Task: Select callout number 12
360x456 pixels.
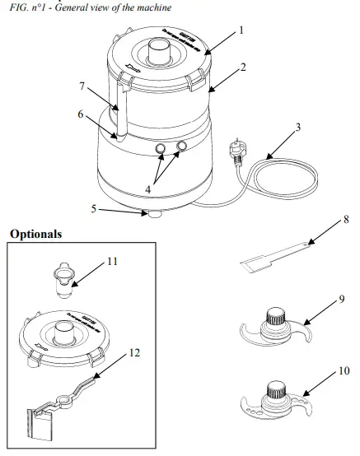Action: coord(133,352)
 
